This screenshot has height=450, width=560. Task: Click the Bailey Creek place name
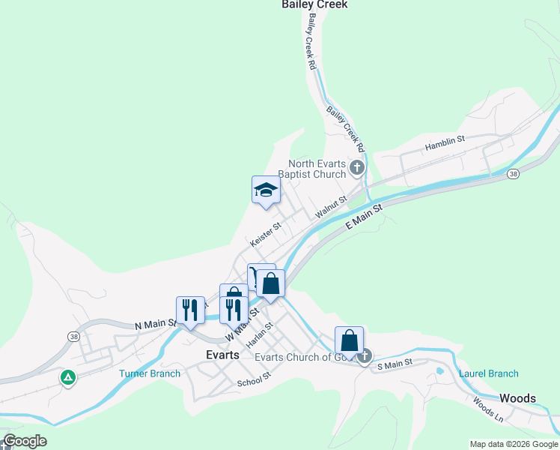pos(314,4)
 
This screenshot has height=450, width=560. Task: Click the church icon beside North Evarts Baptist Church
pos(357,167)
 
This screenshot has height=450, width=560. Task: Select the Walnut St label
pos(330,208)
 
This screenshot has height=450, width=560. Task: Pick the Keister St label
pos(266,234)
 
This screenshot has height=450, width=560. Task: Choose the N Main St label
pos(155,325)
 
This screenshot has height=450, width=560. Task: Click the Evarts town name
pos(222,355)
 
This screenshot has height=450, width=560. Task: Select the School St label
pos(252,382)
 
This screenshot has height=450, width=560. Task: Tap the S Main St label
pos(395,364)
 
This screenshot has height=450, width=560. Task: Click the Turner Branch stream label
pos(150,373)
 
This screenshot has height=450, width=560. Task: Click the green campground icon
pos(68,377)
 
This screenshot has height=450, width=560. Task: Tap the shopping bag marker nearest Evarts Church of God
pos(350,340)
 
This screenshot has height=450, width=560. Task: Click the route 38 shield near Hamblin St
pos(513,174)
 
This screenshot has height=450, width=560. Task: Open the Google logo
pos(24,441)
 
